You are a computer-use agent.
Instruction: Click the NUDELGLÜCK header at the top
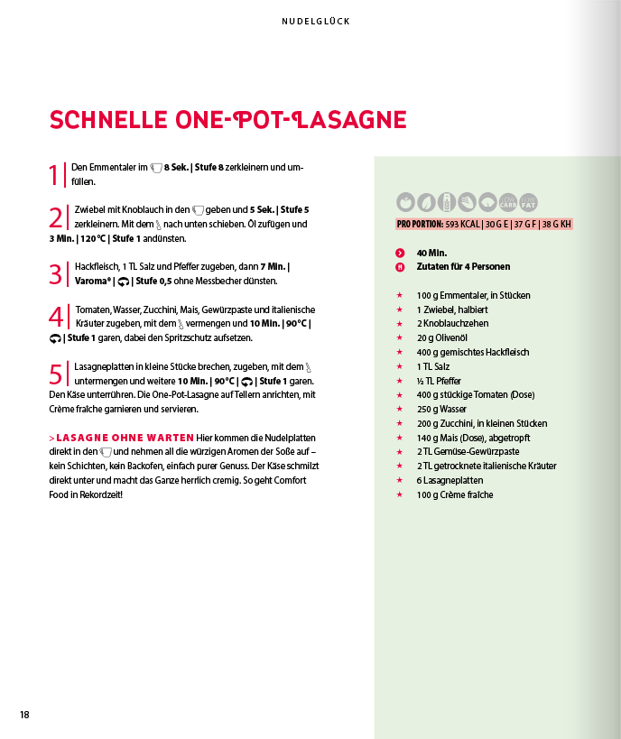tap(315, 21)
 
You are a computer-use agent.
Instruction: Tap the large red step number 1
tap(54, 174)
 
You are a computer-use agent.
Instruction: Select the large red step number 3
tap(55, 273)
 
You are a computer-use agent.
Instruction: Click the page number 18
tap(24, 715)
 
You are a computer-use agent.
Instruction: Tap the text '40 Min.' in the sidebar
tap(431, 253)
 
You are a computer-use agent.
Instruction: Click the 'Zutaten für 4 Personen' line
tap(463, 267)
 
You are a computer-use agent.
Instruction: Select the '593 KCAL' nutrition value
tap(464, 224)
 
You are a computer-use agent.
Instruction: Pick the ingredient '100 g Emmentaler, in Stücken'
tap(473, 295)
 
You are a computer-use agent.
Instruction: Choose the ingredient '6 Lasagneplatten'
tap(450, 480)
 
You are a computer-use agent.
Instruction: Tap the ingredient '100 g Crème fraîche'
tap(455, 494)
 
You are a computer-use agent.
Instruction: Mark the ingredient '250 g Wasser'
tap(441, 409)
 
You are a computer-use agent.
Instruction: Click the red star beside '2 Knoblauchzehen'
tap(400, 324)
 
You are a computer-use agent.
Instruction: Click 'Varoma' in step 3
tap(93, 281)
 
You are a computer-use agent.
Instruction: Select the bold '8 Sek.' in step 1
tap(177, 168)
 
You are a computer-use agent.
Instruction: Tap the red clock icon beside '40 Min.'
tap(400, 253)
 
